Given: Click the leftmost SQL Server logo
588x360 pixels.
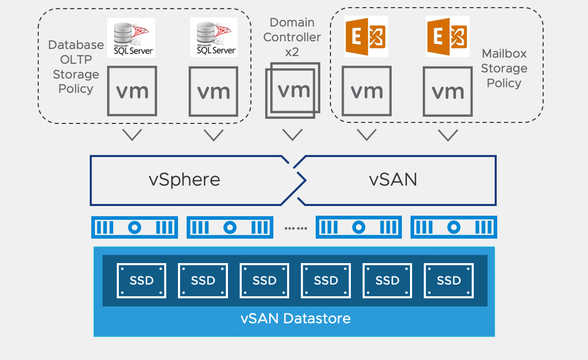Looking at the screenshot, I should coord(131,37).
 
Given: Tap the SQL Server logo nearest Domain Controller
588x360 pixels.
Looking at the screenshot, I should coord(213,37).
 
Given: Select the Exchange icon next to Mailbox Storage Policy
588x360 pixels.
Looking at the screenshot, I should coord(448,36).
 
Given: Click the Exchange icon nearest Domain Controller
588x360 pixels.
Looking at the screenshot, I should coord(366,36).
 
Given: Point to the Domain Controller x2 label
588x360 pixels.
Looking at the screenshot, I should coord(292,37).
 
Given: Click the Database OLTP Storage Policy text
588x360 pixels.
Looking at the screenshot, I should coord(76,67).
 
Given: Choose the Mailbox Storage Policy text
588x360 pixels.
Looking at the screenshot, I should coord(504,68).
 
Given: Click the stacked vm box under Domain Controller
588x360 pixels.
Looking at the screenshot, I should coord(293,91).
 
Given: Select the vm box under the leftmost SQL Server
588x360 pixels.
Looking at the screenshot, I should coord(132,91).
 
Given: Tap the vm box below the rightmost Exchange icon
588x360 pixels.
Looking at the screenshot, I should coord(448,92).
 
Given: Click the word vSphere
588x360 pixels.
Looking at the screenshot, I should coord(185,179).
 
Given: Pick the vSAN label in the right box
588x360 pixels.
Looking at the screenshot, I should coord(393,179).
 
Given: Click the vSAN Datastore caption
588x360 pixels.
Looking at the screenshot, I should coord(295,319).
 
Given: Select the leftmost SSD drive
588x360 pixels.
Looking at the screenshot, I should coord(142,280).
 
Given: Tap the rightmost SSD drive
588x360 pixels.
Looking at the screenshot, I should coord(449,280).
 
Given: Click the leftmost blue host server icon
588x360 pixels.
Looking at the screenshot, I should coord(134,227).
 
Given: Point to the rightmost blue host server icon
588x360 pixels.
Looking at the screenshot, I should coord(453,227).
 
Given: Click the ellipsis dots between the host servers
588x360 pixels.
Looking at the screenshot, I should coord(296,228).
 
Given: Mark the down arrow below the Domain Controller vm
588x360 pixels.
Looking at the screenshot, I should coord(293,135).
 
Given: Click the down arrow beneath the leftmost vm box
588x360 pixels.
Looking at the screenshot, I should coord(132,135).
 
